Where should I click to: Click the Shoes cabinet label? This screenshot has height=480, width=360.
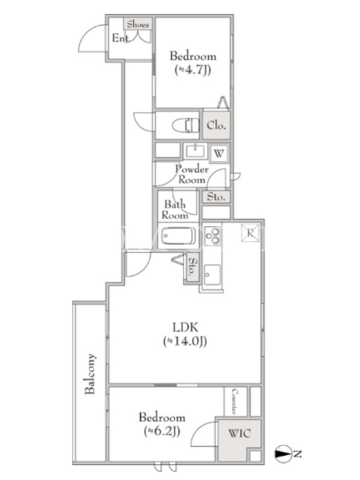point(138,24)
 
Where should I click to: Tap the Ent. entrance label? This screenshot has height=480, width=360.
point(122,38)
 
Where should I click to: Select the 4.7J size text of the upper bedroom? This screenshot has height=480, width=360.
point(193,70)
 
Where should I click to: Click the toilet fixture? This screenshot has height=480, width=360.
point(185,125)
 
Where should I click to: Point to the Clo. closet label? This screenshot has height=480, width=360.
point(216,125)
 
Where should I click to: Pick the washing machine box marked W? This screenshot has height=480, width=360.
point(219,153)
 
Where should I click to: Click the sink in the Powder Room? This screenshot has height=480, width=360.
point(195,151)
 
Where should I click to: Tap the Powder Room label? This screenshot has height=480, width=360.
point(191,174)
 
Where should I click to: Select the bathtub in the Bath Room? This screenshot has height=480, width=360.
point(178,236)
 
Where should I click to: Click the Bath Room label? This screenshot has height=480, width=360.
point(175,209)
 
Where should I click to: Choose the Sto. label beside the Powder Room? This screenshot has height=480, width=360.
point(216,197)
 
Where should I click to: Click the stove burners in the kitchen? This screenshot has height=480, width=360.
point(212,235)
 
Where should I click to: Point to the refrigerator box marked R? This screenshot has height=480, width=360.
point(250,233)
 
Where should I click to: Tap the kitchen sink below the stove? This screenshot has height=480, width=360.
point(212,275)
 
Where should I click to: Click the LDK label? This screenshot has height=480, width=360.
point(185,327)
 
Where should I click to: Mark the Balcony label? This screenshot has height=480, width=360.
point(90,374)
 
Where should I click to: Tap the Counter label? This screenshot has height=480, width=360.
point(235,401)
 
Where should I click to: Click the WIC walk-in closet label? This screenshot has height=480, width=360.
point(239,433)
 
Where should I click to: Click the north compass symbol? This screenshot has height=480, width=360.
point(283,454)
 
